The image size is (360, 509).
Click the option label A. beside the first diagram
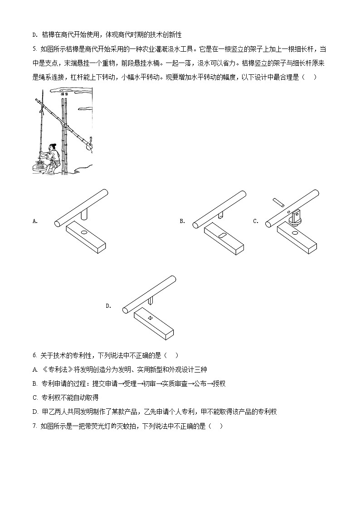(x=35, y=221)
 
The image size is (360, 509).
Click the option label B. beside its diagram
(x=182, y=221)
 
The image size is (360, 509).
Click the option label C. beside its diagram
(x=256, y=221)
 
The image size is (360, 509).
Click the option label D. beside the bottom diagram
(x=108, y=306)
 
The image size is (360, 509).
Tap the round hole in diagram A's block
(x=84, y=233)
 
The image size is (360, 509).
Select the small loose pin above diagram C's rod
(x=278, y=202)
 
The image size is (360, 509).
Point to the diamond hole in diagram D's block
(x=150, y=318)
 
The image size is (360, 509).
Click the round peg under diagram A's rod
(x=84, y=214)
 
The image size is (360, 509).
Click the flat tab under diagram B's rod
(x=222, y=214)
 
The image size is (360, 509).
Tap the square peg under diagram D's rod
(x=150, y=301)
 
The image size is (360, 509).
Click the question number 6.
(x=35, y=355)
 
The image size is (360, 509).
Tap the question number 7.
(x=35, y=426)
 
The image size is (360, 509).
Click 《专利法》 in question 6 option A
(x=57, y=369)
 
